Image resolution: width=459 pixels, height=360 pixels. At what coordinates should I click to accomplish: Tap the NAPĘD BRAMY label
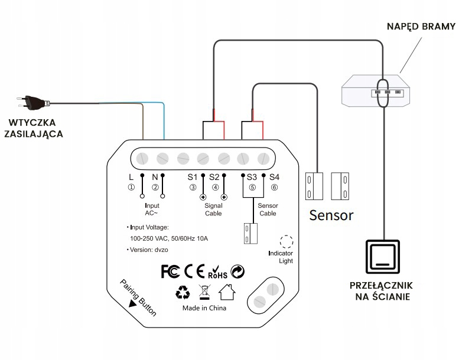pos(421,27)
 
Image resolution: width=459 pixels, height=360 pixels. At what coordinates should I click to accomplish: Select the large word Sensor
pos(331,215)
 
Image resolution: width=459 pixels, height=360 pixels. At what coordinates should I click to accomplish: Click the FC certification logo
pos(170,271)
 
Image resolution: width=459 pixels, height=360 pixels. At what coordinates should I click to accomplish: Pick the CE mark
pos(194,271)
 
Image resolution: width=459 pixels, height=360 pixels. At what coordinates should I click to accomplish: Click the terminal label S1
pos(193,176)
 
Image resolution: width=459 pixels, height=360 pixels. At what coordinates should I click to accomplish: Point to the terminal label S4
pos(274,176)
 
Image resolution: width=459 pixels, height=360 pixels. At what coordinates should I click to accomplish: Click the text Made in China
pos(204,308)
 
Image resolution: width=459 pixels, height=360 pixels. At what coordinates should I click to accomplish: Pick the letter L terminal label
pos(131,176)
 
